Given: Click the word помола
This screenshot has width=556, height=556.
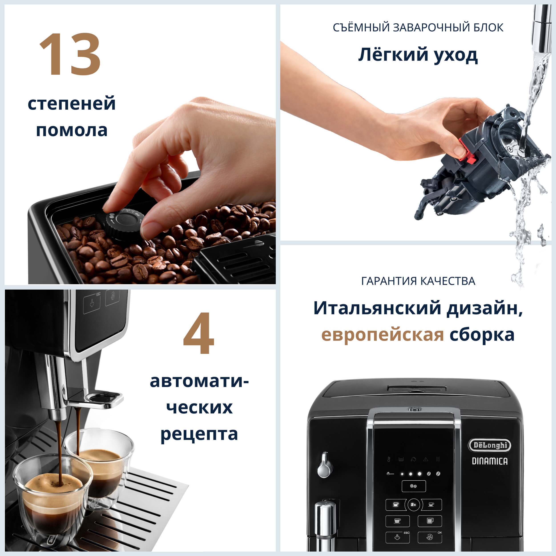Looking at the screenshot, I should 72,130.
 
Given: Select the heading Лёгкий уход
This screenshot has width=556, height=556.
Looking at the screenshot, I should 418,55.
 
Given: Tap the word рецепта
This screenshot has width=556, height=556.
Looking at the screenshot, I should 199,434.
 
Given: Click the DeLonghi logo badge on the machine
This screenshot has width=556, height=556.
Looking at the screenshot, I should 490,445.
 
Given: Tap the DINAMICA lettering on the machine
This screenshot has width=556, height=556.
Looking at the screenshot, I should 490,461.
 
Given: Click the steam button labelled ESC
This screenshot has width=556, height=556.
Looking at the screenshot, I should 397,537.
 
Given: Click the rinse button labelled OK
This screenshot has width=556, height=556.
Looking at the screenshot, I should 430,537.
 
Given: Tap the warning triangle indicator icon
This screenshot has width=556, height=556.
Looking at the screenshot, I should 426,459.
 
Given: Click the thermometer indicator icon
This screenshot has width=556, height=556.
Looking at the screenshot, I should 389,459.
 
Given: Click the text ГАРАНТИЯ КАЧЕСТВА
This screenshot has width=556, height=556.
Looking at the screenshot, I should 418,281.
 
